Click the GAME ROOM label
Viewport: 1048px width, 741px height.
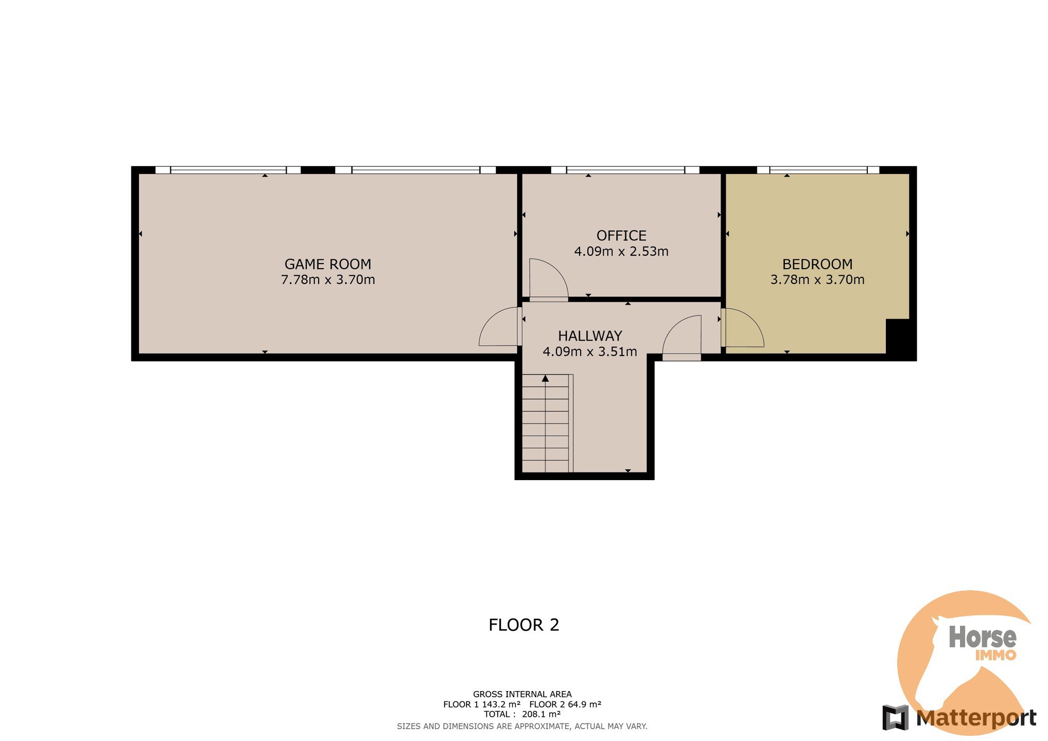point(328,264)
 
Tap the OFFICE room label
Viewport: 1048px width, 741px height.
point(621,236)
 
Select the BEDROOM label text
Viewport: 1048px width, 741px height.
point(817,264)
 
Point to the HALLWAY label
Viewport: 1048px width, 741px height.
point(590,336)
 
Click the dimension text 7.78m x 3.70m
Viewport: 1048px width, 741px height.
point(328,280)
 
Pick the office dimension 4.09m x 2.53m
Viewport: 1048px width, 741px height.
point(621,252)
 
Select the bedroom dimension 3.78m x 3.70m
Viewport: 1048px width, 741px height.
point(817,280)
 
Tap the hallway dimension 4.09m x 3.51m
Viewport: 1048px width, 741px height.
point(590,352)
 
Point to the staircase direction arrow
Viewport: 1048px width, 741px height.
point(545,378)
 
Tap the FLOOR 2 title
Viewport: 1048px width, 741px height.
point(523,625)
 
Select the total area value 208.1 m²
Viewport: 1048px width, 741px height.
point(541,714)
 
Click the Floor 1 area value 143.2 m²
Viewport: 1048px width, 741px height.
point(501,704)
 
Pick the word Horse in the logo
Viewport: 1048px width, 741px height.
point(983,638)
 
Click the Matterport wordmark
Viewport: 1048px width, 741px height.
point(976,718)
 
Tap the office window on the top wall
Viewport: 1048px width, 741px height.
point(625,170)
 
